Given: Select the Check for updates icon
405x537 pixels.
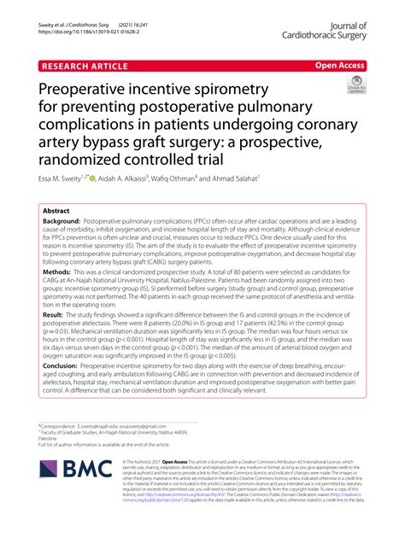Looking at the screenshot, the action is coord(353,86).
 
